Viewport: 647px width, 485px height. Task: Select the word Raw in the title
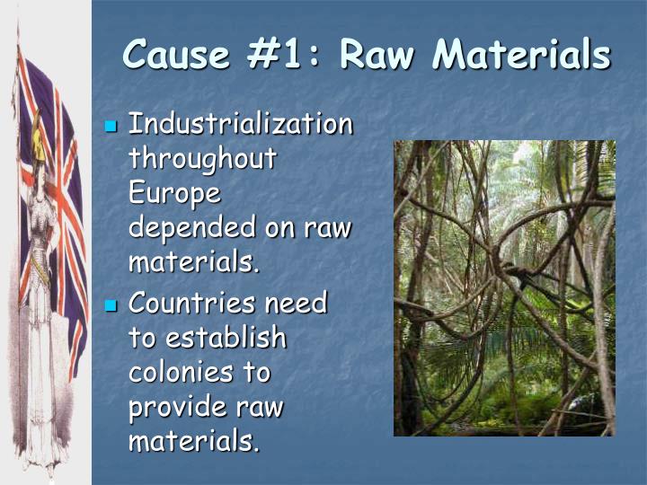click(x=378, y=55)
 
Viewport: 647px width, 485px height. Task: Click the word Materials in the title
click(x=521, y=55)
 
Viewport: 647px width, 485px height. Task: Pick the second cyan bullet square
click(x=111, y=304)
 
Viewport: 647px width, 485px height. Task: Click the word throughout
click(x=202, y=158)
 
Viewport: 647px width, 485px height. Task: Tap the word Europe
click(x=174, y=193)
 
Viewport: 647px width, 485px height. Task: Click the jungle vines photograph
click(x=504, y=287)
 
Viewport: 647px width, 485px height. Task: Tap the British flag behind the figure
click(x=67, y=180)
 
